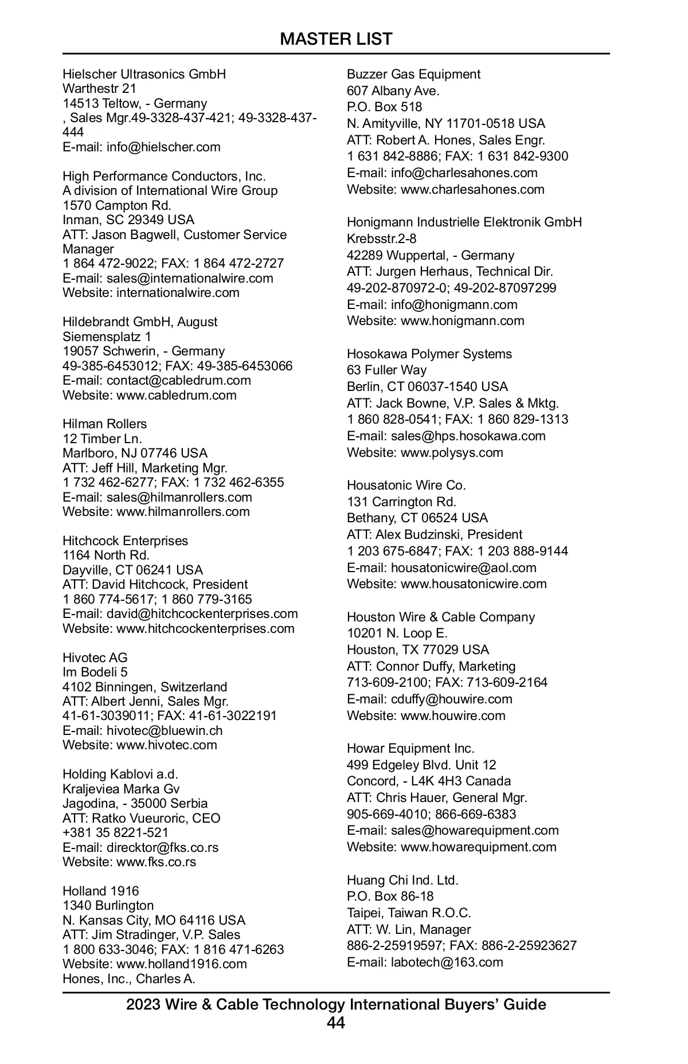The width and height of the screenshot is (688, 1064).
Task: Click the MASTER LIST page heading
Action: point(336,39)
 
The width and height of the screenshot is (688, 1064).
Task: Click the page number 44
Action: point(336,1023)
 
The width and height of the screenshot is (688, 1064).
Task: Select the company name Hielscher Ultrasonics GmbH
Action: point(144,75)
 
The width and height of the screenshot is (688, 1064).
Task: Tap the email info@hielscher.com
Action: point(163,147)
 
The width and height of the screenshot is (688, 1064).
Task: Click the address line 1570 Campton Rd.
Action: point(117,205)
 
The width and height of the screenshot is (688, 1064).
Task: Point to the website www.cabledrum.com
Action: point(176,395)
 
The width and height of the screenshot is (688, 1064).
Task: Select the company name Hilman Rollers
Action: point(104,424)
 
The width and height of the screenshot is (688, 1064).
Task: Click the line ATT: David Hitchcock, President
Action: point(155,585)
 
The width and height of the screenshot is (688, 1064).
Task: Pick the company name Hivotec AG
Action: point(95,658)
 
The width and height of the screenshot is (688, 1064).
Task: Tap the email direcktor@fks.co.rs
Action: point(162,847)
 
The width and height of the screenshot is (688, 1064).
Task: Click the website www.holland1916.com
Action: point(181,964)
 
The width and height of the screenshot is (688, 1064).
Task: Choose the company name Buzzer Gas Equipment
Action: point(413,75)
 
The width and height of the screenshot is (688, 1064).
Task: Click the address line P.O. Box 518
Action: point(384,107)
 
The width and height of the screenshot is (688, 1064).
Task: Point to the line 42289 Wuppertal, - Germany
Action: point(430,255)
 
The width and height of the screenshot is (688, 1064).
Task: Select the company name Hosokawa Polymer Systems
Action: point(429,354)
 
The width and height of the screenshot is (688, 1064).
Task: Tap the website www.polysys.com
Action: point(452,452)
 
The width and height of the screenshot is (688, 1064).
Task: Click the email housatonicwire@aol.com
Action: point(463,568)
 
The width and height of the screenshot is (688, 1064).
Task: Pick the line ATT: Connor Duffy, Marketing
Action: point(431,666)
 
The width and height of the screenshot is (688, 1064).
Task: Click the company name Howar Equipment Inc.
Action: point(411,748)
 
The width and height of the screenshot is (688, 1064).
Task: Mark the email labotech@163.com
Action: point(447,962)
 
